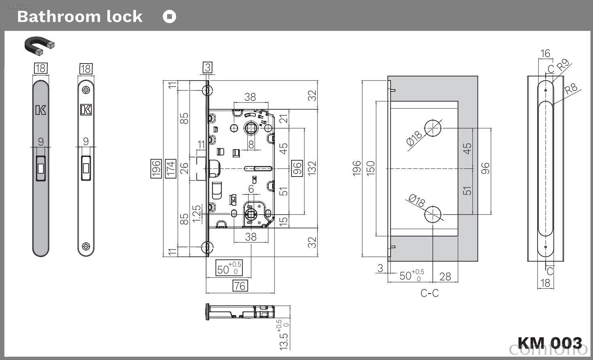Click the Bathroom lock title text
(x=80, y=17)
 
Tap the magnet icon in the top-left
(x=39, y=46)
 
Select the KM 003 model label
(x=550, y=343)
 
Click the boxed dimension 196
(x=156, y=168)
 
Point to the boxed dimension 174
(x=170, y=168)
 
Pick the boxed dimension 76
(x=240, y=286)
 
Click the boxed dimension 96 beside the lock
(x=297, y=168)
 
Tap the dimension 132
(x=312, y=168)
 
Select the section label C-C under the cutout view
(x=429, y=293)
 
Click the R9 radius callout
(x=563, y=65)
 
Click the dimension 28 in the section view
(x=445, y=277)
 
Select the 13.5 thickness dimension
(x=283, y=335)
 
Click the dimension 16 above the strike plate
(x=545, y=53)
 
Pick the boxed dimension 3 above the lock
(x=208, y=67)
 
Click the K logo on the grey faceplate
(x=41, y=110)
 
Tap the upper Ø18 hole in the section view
(x=433, y=128)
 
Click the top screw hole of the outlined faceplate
(x=86, y=90)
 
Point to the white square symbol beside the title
(x=170, y=17)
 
